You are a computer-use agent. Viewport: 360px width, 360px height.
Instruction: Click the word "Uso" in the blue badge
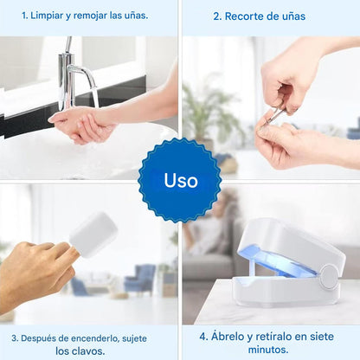tap(181, 181)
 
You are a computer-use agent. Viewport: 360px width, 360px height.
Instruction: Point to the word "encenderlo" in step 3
tap(95, 338)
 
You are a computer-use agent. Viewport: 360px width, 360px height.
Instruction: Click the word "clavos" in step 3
tap(89, 351)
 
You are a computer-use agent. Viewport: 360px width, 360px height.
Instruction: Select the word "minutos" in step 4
tap(268, 350)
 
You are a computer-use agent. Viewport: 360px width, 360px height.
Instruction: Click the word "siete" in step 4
tap(321, 337)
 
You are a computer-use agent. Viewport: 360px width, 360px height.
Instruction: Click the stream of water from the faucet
tap(95, 97)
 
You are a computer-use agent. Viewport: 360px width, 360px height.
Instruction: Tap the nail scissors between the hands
tap(276, 114)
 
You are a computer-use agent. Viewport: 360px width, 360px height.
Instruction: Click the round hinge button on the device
tap(329, 277)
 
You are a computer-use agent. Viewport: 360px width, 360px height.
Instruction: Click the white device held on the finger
tap(93, 235)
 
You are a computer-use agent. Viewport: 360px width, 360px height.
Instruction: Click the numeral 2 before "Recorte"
tap(216, 16)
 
